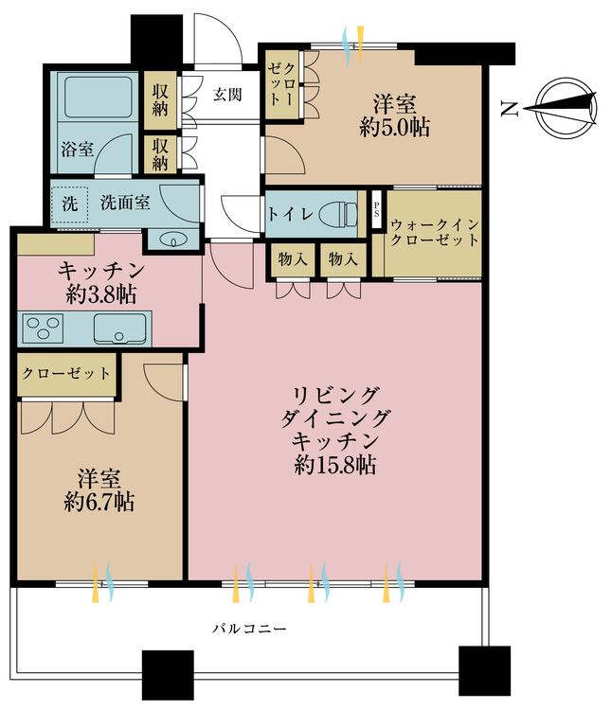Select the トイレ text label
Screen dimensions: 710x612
point(289,213)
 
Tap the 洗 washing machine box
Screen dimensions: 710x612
point(69,203)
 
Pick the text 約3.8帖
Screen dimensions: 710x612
point(95,293)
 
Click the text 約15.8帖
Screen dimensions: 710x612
point(335,465)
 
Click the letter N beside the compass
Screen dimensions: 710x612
point(509,109)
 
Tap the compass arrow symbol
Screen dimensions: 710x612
point(563,108)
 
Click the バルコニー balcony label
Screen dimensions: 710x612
point(248,628)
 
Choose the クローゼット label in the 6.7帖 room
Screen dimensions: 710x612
point(65,372)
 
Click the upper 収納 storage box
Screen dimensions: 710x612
point(161,99)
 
